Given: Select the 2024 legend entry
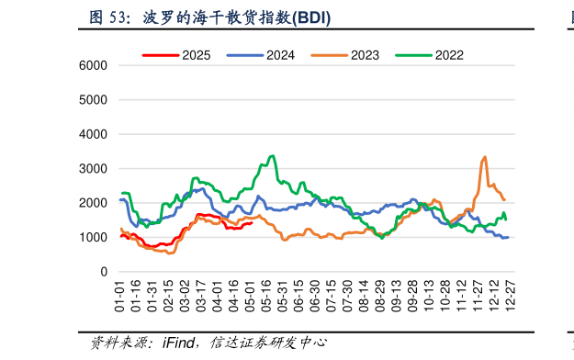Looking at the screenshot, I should pyautogui.click(x=280, y=55).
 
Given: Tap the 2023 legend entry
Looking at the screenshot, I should pyautogui.click(x=365, y=55).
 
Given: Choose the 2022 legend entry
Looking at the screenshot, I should pyautogui.click(x=449, y=55).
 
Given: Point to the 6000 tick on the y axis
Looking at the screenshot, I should pyautogui.click(x=93, y=66).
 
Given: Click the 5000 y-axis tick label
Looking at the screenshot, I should pyautogui.click(x=93, y=100).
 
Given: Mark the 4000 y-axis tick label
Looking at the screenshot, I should pyautogui.click(x=93, y=135).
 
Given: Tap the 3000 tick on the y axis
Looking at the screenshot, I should pyautogui.click(x=93, y=169).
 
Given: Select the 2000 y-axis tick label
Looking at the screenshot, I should pyautogui.click(x=93, y=204).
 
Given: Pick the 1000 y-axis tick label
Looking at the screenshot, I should pyautogui.click(x=93, y=238).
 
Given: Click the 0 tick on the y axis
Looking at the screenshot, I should pyautogui.click(x=104, y=273).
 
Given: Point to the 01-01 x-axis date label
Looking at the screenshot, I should pyautogui.click(x=119, y=298).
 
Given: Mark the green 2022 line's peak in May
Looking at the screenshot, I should pyautogui.click(x=272, y=156).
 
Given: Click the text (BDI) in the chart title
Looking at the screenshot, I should pyautogui.click(x=312, y=17).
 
